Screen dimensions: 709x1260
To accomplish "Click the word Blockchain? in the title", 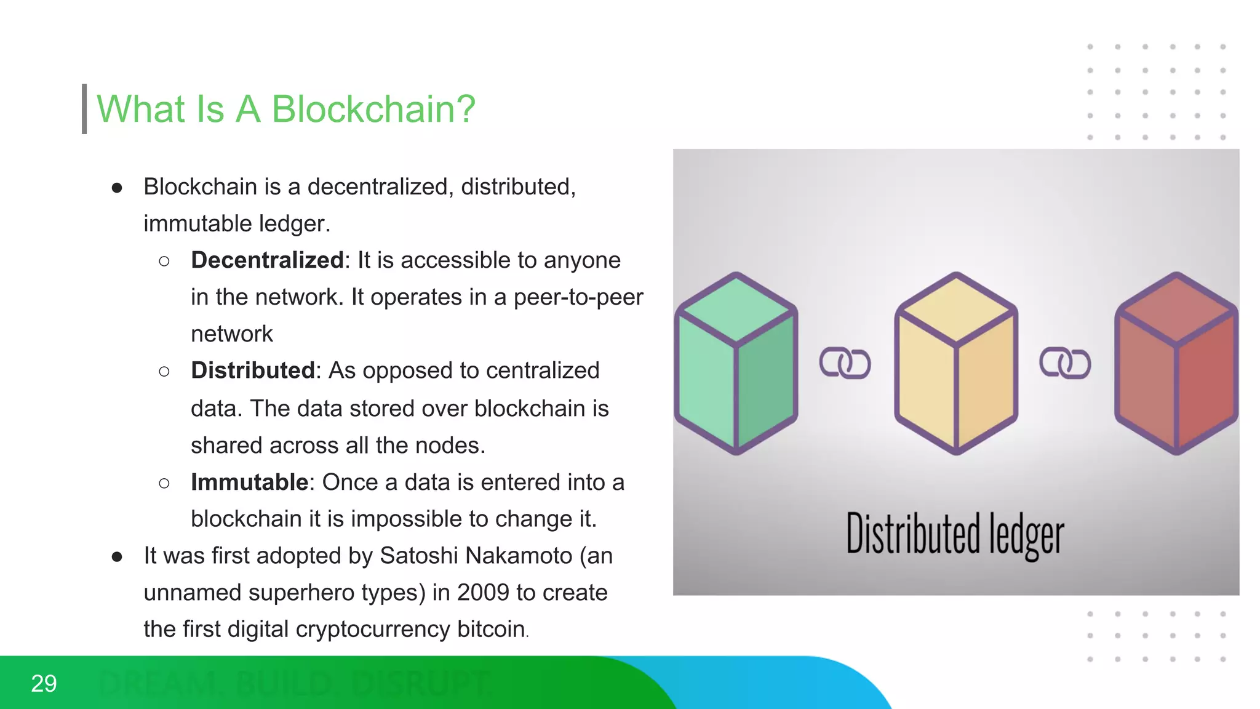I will (373, 109).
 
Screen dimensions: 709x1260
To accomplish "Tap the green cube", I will (736, 363).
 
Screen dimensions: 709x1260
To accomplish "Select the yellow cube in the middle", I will (956, 363).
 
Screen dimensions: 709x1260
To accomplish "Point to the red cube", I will (1176, 363).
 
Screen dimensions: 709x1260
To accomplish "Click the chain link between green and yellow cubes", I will (845, 363).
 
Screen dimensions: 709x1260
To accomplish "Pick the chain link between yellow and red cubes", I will (1065, 363).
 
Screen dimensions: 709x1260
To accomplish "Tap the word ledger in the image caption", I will (1026, 535).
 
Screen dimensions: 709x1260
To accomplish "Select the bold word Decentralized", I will (267, 260).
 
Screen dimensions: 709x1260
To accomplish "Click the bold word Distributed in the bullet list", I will (253, 371).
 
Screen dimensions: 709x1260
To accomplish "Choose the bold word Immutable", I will (249, 483).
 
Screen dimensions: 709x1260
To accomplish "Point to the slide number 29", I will (44, 684).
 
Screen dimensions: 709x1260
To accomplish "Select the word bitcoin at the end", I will (490, 630).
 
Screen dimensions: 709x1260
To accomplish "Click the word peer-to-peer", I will (578, 297).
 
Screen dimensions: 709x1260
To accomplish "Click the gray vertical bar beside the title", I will (84, 109).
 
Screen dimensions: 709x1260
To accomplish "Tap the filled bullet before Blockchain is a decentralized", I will (117, 188).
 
